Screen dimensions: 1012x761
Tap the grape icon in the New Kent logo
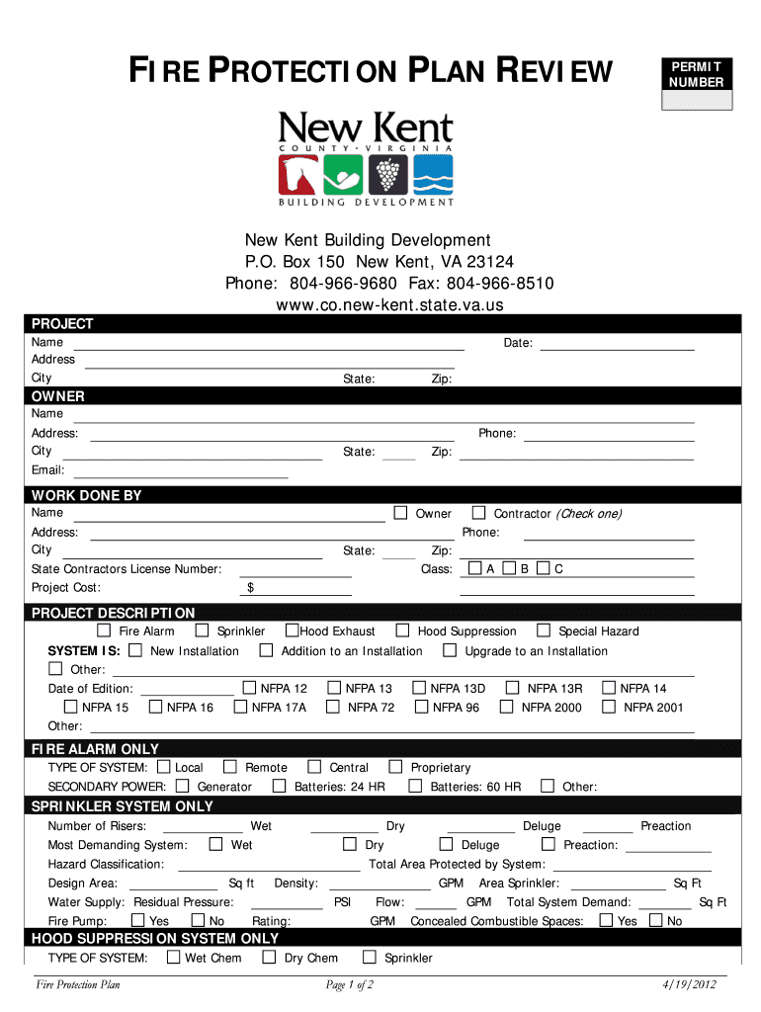(387, 175)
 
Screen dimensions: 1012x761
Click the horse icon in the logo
(297, 175)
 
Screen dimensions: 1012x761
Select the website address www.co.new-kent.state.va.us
(389, 305)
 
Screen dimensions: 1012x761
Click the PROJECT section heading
(62, 324)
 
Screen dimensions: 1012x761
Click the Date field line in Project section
(617, 344)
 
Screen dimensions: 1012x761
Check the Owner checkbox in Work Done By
(400, 513)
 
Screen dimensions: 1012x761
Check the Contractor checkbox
(478, 513)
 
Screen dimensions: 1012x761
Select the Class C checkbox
(543, 568)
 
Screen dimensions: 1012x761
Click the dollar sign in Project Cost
(251, 588)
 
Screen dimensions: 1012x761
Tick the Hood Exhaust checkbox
(293, 631)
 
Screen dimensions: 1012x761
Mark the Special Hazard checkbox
(544, 631)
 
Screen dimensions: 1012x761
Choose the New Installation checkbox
(134, 650)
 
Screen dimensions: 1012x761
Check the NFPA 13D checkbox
(419, 688)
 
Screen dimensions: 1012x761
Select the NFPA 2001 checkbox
(609, 707)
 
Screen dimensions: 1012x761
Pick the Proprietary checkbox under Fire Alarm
(395, 767)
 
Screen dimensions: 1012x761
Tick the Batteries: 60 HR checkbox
(415, 787)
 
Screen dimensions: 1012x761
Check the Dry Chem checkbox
(269, 958)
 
